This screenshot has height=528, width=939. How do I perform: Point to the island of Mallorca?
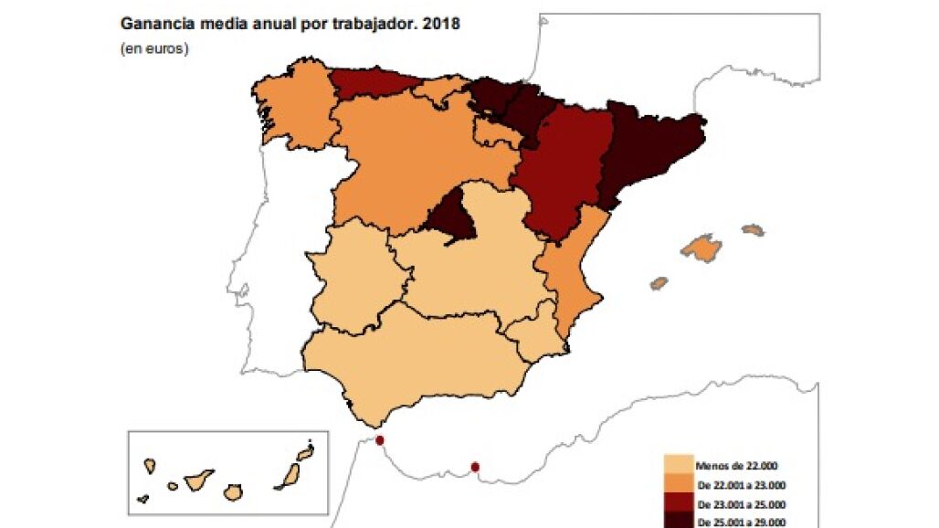click(x=702, y=248)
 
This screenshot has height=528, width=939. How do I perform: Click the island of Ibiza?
click(x=659, y=283)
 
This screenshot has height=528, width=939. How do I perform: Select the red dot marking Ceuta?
click(x=380, y=440)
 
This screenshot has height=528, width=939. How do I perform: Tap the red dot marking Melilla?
click(x=474, y=468)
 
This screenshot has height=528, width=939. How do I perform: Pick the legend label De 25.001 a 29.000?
click(x=740, y=523)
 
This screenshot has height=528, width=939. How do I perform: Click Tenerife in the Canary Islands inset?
click(x=197, y=479)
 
